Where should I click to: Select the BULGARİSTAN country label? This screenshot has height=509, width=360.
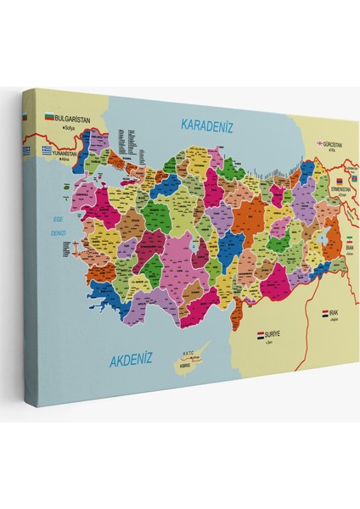(73, 120)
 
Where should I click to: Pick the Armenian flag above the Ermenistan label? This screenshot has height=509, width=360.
(339, 181)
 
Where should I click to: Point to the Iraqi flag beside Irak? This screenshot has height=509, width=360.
(324, 314)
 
